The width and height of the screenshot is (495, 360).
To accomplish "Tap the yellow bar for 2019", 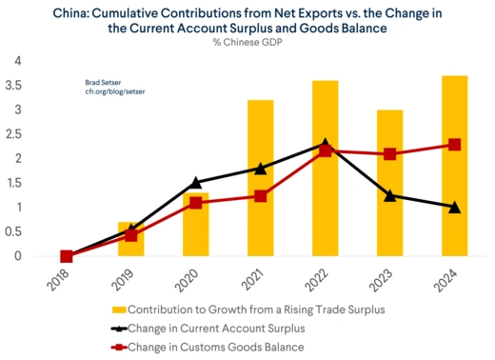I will pos(130,239).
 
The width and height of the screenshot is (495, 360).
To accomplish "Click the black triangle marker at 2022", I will pos(325,144).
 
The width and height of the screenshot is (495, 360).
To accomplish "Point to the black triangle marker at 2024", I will pos(454,207).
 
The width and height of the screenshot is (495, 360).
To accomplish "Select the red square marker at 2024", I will pos(454,145).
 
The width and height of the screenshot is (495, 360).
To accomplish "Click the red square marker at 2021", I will pos(260,196).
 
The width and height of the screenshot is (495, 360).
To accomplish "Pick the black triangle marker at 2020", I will pos(195,182).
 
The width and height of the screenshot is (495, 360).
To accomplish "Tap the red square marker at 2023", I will pos(389,154).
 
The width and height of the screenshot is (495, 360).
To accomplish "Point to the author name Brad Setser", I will pos(101,83).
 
